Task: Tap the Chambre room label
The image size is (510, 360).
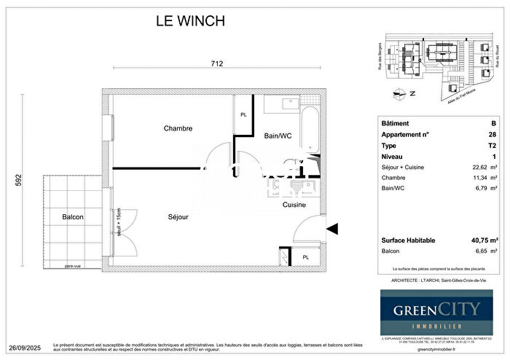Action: tap(178, 128)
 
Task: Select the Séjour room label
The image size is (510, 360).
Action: tap(178, 217)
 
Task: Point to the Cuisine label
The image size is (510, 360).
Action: tap(294, 205)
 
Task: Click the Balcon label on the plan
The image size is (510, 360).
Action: tap(73, 217)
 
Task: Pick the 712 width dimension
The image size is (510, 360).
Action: tap(216, 63)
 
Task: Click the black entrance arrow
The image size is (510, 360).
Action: tap(332, 229)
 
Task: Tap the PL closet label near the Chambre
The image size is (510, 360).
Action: tap(243, 115)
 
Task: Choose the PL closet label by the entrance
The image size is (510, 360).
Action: tap(306, 257)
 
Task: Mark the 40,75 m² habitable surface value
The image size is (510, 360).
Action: tap(484, 240)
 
